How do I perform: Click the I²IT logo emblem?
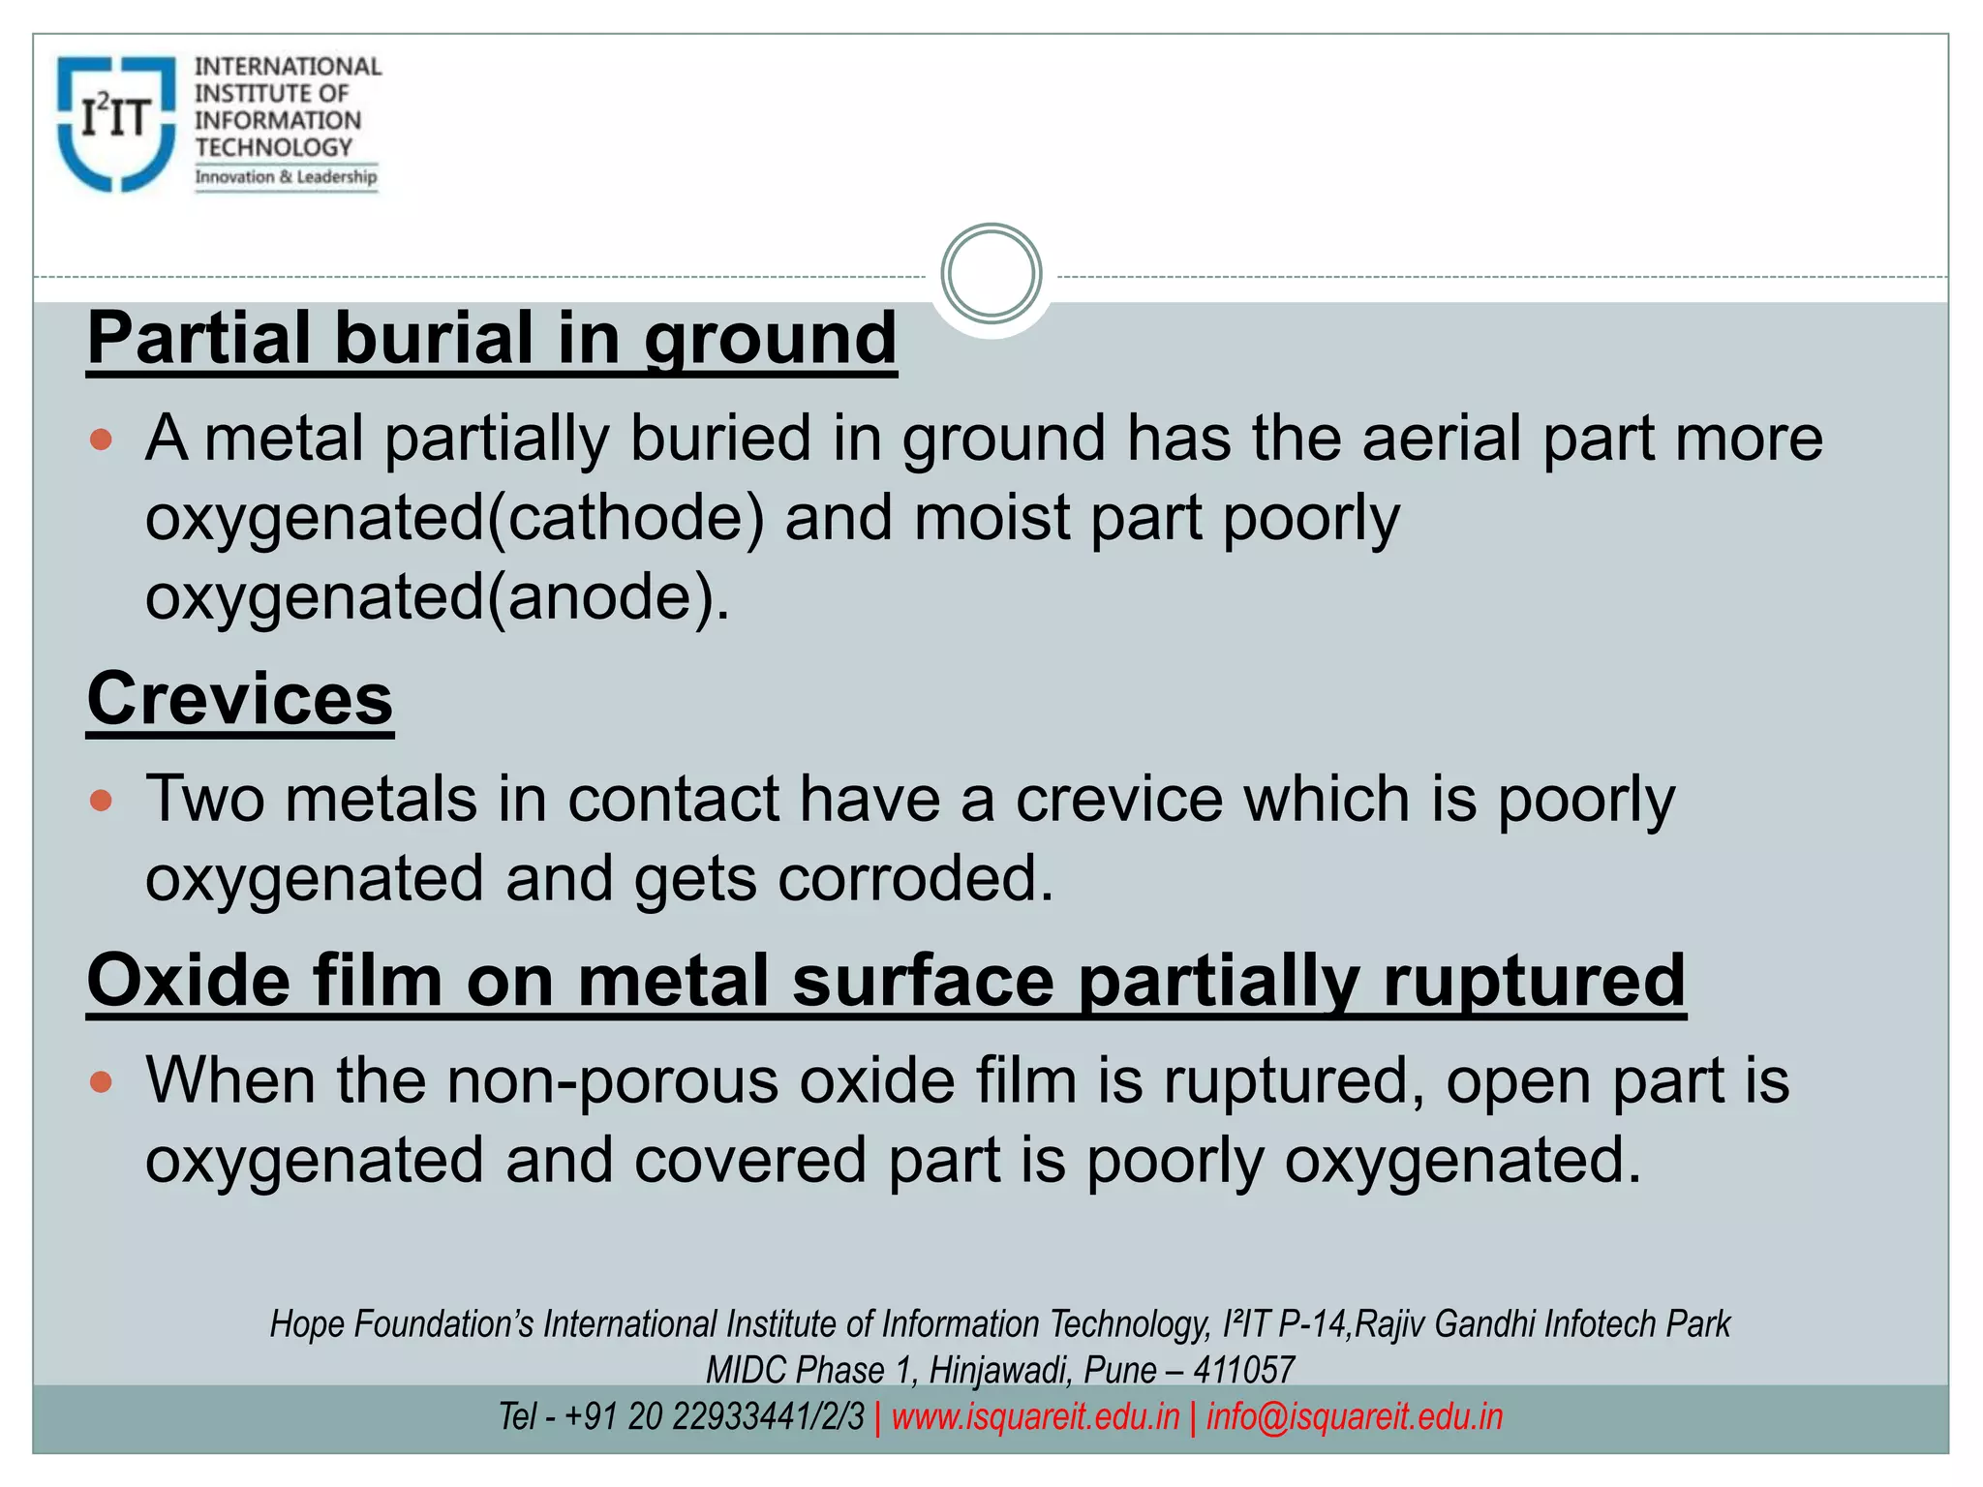[x=116, y=123]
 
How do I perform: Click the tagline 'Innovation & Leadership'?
[x=286, y=177]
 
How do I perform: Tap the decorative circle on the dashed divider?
[x=991, y=274]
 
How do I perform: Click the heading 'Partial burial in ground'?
[x=492, y=338]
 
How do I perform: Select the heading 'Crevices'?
[x=240, y=698]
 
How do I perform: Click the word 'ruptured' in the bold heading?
[x=1535, y=980]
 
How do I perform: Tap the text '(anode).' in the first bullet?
[x=608, y=597]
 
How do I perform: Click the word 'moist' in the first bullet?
[x=991, y=518]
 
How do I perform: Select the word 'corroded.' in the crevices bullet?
[x=915, y=879]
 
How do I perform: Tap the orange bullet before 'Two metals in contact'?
[x=101, y=801]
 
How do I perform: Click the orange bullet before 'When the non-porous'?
[x=101, y=1081]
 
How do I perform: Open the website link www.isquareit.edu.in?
[x=1035, y=1417]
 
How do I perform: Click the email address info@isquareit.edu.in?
[x=1354, y=1417]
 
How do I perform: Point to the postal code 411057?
[x=1243, y=1371]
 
